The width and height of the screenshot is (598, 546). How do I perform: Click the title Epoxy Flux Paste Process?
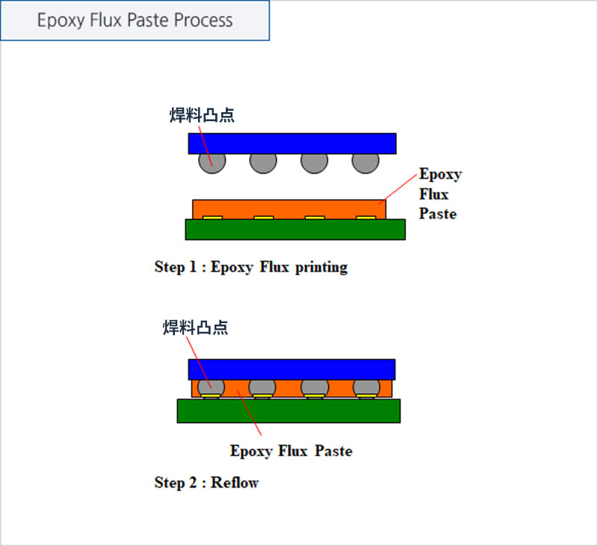[135, 20]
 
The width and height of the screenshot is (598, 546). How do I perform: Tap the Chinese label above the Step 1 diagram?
[202, 115]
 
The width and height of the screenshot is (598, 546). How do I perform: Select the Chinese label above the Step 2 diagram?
[195, 328]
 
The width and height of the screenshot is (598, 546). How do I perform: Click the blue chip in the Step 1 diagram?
[292, 144]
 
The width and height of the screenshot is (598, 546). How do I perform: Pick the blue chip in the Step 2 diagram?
[292, 369]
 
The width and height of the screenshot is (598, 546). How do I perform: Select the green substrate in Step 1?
[295, 230]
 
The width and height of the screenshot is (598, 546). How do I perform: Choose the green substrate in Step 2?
[289, 411]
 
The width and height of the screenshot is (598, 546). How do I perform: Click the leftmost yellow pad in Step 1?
[212, 218]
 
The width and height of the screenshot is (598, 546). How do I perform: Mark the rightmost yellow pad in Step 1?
[366, 218]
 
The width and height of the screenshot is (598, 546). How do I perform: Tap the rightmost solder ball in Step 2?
[366, 387]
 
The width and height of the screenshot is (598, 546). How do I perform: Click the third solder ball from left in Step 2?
[315, 387]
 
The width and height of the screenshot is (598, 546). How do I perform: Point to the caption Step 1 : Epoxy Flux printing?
[251, 267]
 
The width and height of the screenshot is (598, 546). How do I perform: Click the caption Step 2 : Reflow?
[206, 482]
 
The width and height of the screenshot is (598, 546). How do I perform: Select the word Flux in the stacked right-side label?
[434, 194]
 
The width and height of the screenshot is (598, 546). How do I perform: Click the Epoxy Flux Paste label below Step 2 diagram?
[291, 451]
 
